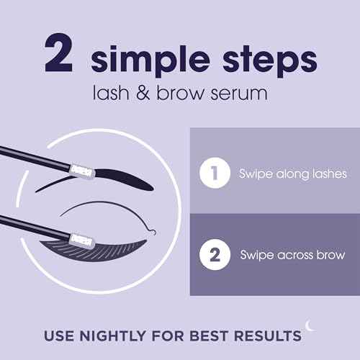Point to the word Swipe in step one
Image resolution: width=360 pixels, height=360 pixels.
pyautogui.click(x=253, y=174)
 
